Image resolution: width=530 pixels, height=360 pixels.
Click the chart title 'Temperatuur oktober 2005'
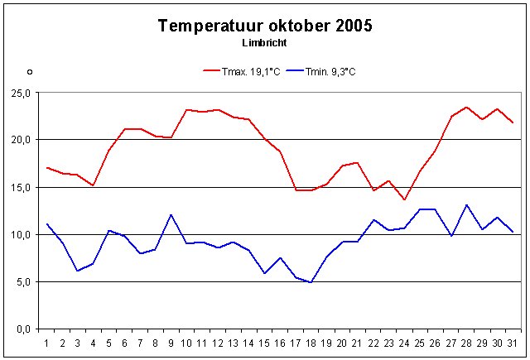click(265, 26)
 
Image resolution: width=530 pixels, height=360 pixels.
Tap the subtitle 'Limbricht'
click(265, 42)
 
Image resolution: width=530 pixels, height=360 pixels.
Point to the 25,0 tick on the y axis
click(19, 93)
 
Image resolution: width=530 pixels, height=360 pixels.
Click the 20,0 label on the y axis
click(19, 140)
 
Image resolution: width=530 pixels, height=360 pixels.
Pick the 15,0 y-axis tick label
click(19, 187)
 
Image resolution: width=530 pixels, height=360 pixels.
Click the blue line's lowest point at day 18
click(310, 282)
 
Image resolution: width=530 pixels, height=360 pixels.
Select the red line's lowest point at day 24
click(404, 199)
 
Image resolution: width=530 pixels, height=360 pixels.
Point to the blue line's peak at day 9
click(171, 215)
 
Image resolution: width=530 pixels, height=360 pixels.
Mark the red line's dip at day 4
click(93, 185)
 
